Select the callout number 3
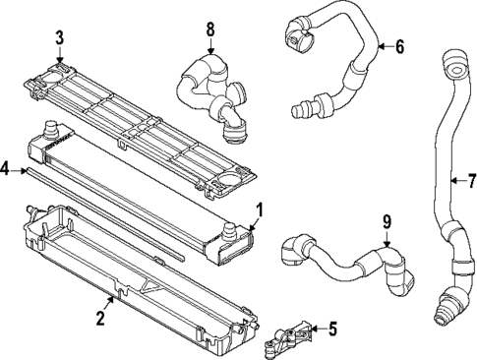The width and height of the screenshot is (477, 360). pyautogui.click(x=59, y=38)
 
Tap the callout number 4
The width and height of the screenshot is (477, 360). pyautogui.click(x=6, y=170)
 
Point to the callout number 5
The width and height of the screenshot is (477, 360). pyautogui.click(x=332, y=330)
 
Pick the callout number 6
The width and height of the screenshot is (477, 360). pyautogui.click(x=399, y=45)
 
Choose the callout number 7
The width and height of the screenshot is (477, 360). pyautogui.click(x=471, y=180)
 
